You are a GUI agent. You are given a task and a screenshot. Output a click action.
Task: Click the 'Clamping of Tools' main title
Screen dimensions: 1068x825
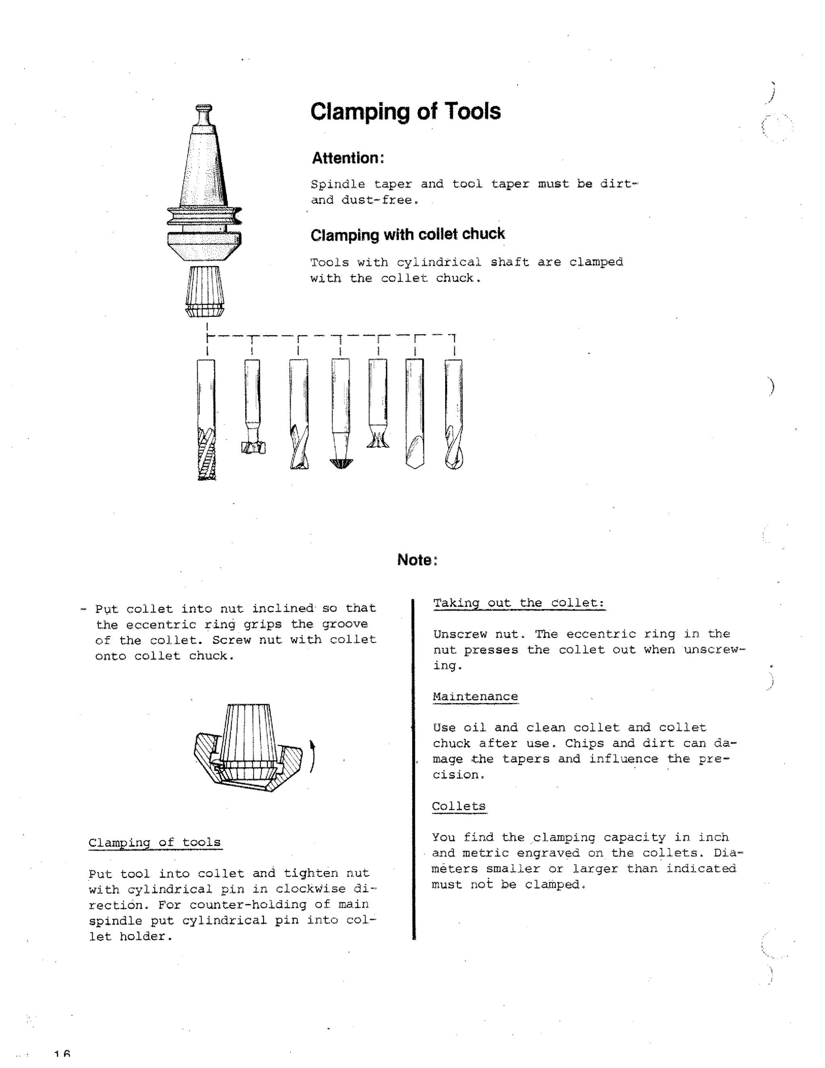(x=405, y=112)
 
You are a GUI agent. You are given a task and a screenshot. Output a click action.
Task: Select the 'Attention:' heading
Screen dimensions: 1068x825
(x=348, y=158)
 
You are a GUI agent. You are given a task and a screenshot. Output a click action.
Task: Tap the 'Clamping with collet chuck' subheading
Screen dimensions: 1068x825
(x=407, y=234)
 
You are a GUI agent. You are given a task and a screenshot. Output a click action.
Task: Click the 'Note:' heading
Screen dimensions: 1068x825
(x=417, y=559)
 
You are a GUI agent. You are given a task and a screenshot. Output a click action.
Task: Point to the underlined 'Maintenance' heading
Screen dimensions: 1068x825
(x=475, y=696)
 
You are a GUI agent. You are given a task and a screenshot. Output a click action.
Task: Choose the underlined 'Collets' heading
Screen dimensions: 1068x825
(x=458, y=806)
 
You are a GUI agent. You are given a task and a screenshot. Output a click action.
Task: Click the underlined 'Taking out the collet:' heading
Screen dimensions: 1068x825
(x=518, y=603)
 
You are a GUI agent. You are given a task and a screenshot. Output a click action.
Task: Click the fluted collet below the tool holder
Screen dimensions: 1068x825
(x=205, y=291)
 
